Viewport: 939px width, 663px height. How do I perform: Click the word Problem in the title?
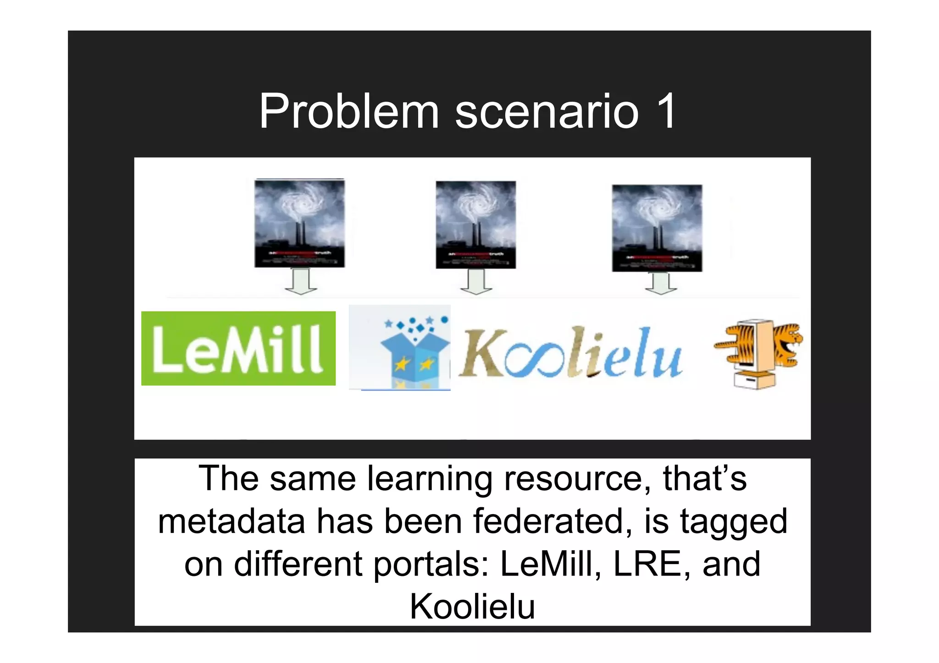click(349, 112)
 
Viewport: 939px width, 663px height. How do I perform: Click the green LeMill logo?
click(238, 348)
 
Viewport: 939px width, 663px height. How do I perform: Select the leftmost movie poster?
click(299, 223)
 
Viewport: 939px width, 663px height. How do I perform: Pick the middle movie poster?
click(475, 225)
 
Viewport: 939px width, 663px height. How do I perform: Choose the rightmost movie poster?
click(657, 228)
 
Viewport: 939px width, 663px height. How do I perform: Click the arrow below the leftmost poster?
click(301, 282)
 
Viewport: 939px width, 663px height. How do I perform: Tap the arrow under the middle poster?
click(476, 282)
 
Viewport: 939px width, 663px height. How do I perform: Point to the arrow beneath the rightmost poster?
click(661, 284)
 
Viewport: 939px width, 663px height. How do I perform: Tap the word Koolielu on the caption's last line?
click(472, 606)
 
